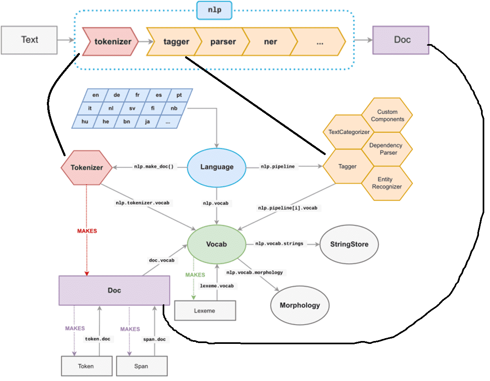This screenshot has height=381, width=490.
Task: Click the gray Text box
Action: (x=29, y=40)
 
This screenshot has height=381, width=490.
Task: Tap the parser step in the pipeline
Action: (x=223, y=42)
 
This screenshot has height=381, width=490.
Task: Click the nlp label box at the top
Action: (x=214, y=10)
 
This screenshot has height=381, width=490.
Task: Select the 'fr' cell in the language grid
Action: (x=137, y=95)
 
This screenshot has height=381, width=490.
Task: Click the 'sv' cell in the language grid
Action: (x=132, y=109)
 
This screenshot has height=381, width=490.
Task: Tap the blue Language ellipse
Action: (x=217, y=167)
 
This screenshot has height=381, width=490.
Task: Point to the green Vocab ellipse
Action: (x=216, y=244)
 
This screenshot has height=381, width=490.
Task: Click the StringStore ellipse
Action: (x=349, y=244)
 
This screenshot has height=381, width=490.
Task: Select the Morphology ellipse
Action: (x=300, y=305)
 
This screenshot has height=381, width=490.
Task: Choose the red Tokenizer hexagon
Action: (x=86, y=167)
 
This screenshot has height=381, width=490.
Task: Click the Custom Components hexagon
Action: (x=388, y=115)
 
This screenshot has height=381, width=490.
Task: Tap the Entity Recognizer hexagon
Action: (x=387, y=183)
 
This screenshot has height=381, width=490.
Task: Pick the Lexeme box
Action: (x=205, y=311)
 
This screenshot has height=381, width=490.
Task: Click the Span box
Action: (x=141, y=366)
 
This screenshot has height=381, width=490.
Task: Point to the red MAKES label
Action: (x=87, y=231)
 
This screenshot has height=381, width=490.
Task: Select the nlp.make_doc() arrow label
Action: (x=154, y=167)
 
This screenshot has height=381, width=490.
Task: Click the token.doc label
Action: (x=97, y=339)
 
